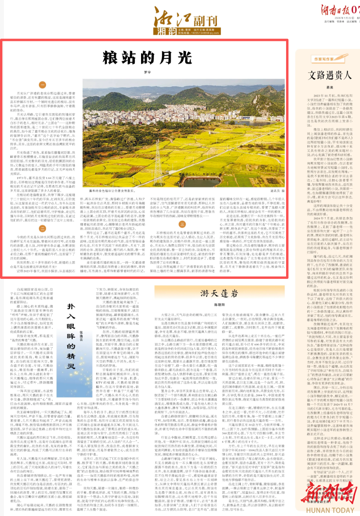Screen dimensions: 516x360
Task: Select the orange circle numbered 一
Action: pyautogui.click(x=43, y=85)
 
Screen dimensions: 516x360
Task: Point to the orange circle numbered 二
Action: pyautogui.click(x=43, y=228)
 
